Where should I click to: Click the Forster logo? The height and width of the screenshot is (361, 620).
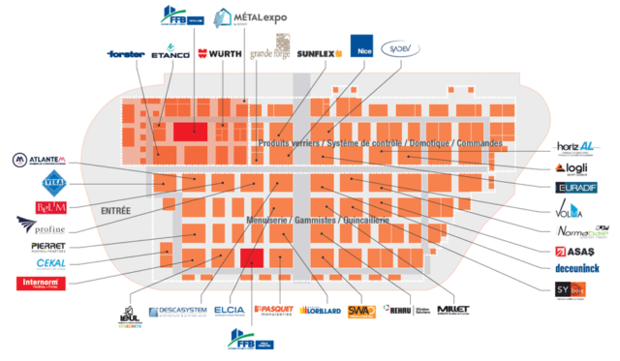pos(127,55)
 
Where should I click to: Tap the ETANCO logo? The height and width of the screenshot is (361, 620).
pos(170,55)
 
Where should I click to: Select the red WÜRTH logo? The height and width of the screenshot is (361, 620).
pos(218,54)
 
